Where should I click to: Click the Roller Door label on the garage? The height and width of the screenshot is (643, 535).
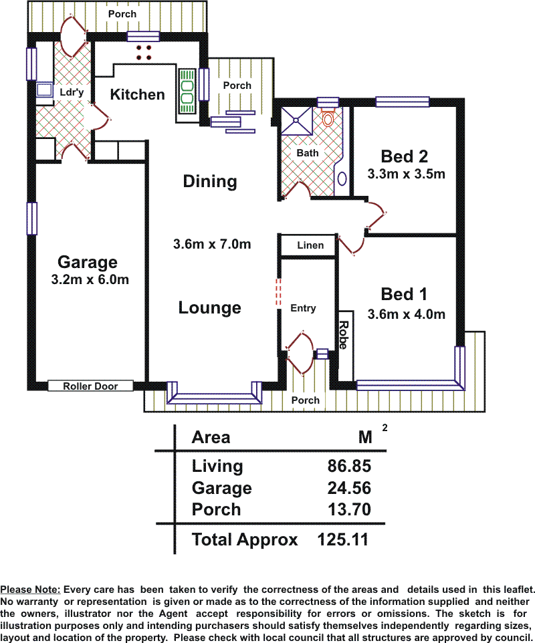90,386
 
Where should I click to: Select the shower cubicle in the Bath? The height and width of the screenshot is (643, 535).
296,120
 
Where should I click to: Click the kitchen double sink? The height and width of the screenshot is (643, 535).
187,92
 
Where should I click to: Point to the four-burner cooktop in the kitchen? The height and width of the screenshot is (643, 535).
144,53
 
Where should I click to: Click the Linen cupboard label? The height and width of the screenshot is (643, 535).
310,245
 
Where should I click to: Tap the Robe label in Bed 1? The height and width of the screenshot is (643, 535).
343,335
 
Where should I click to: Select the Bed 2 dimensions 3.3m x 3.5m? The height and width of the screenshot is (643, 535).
406,174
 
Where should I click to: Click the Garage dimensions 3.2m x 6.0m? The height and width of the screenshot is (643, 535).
90,279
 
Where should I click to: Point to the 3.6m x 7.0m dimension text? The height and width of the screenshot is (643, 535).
212,245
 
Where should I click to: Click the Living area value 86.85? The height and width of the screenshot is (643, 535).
349,466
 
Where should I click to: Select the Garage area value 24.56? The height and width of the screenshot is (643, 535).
349,488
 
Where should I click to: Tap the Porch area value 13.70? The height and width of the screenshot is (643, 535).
349,509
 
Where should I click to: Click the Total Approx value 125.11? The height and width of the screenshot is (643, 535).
343,539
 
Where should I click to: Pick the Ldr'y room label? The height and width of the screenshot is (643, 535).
72,92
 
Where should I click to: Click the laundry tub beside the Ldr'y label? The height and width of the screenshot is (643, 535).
44,90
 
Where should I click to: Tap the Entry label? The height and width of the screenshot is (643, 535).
303,308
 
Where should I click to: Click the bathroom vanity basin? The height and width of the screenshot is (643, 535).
342,178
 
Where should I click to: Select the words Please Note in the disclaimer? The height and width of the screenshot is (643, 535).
30,590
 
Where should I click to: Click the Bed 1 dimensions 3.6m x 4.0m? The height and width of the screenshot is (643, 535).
406,314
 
